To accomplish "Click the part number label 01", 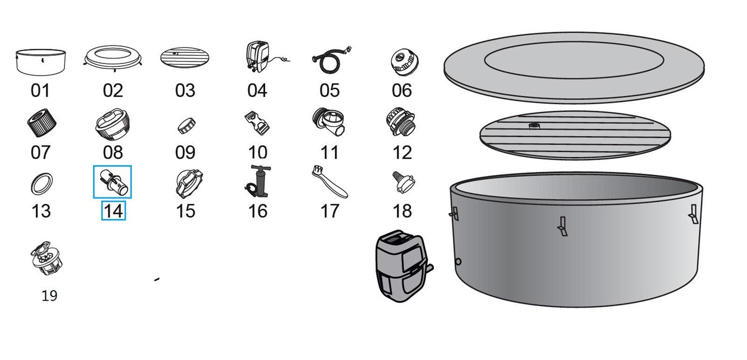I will (40, 91).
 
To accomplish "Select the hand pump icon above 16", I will (258, 182).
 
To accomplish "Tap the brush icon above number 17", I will (329, 182).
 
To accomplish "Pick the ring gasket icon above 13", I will (42, 184).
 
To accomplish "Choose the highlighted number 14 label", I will (113, 212).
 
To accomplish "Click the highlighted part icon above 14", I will (113, 182).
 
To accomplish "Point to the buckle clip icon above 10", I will (257, 123).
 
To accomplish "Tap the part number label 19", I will (49, 296).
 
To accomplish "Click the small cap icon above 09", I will (186, 125).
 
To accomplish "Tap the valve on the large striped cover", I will (534, 126).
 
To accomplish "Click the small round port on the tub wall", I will (458, 261).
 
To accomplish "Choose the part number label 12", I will (402, 153).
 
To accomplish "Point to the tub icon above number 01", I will (41, 62).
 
